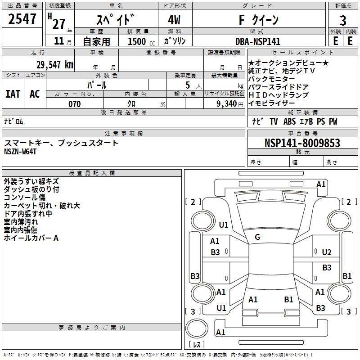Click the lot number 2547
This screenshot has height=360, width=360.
click(x=22, y=19)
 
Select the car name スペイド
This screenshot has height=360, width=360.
click(x=116, y=20)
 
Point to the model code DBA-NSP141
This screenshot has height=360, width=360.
click(x=257, y=41)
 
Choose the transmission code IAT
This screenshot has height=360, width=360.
click(x=13, y=94)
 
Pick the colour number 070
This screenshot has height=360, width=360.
click(x=74, y=104)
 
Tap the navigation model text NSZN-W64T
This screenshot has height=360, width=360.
click(x=20, y=151)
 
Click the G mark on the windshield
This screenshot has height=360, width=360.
click(x=257, y=237)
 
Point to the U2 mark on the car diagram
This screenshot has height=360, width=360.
click(x=327, y=252)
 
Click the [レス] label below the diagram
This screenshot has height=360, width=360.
click(x=197, y=344)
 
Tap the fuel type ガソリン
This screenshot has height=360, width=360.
click(x=175, y=41)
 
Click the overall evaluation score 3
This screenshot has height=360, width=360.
click(x=343, y=20)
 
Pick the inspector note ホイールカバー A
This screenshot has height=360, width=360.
click(x=31, y=238)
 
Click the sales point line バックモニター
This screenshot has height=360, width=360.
click(x=272, y=79)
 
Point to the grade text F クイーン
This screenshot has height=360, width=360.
click(x=258, y=20)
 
